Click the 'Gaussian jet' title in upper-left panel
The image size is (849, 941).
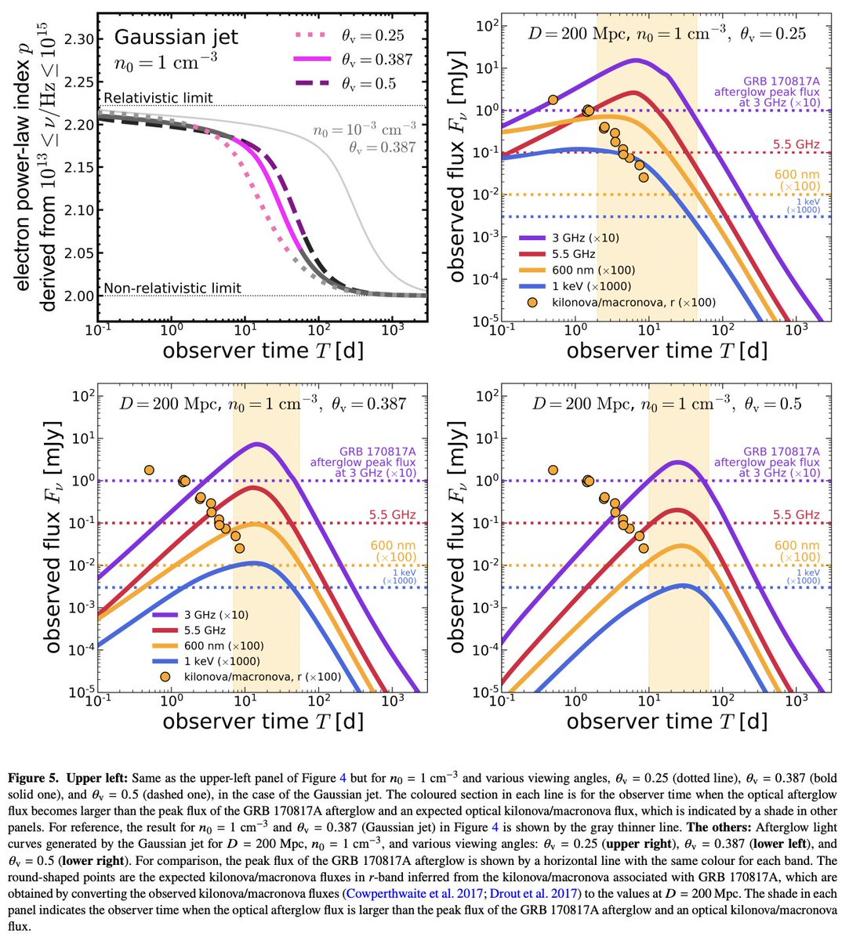point(176,37)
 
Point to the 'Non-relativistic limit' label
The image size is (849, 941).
point(172,288)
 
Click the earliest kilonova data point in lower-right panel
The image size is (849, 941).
point(553,470)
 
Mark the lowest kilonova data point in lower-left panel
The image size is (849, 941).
point(239,548)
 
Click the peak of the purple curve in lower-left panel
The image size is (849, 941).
point(256,444)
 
